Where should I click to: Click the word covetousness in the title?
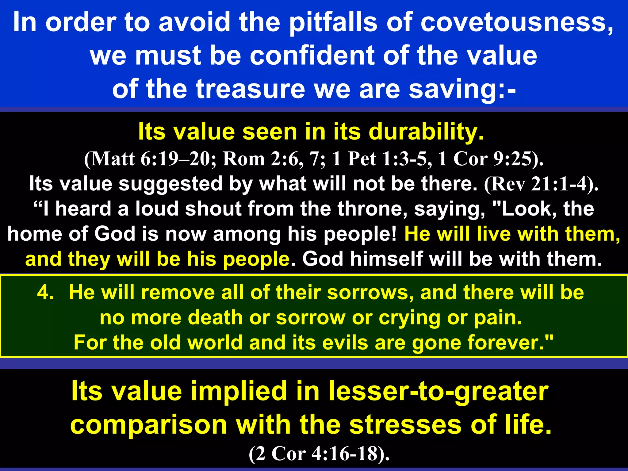[517, 22]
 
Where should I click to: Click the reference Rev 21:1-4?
[541, 184]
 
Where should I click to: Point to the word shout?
[213, 209]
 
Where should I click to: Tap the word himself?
[386, 259]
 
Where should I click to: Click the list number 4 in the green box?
[45, 292]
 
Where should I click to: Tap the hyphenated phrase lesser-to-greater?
[438, 392]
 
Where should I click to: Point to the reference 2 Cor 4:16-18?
[319, 454]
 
